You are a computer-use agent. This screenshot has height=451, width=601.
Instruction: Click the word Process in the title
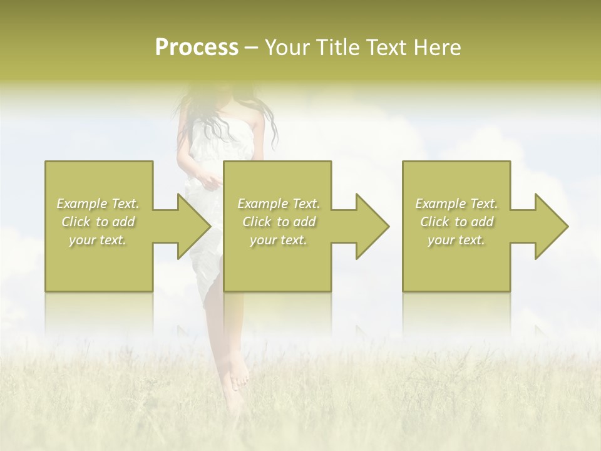(x=197, y=48)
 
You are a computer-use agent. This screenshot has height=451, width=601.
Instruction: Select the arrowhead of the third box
(x=551, y=226)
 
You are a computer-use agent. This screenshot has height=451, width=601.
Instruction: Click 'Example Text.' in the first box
(x=98, y=204)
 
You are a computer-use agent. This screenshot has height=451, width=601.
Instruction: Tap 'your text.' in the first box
(x=98, y=240)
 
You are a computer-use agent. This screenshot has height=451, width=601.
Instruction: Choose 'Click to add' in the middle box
(x=279, y=222)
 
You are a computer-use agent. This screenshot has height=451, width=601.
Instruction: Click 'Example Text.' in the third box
(x=456, y=204)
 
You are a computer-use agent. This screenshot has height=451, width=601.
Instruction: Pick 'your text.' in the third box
(x=456, y=240)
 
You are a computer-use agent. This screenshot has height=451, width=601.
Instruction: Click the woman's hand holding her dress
(x=212, y=182)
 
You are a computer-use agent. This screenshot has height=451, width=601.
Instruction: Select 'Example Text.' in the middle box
(x=279, y=204)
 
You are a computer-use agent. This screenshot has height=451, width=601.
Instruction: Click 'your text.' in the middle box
(x=279, y=240)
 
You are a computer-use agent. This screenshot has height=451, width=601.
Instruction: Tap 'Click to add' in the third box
(x=456, y=222)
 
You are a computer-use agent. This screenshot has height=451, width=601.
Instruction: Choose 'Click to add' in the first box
(x=98, y=222)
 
